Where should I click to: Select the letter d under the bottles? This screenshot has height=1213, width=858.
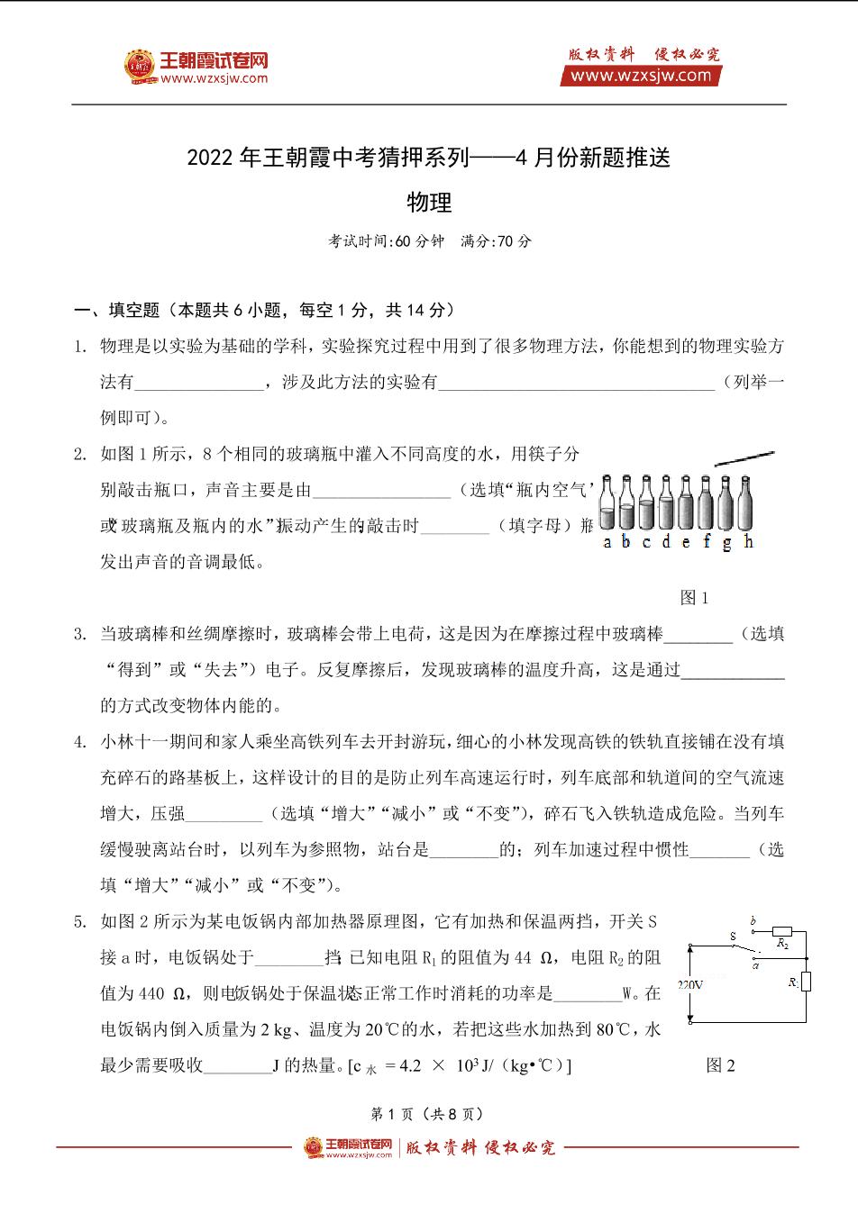click(667, 541)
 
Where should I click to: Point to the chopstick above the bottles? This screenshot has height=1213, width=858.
click(744, 457)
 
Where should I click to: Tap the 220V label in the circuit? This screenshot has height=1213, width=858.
click(690, 984)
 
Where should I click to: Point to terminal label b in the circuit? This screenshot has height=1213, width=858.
click(753, 919)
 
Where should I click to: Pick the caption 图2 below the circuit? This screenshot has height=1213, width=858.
click(720, 1065)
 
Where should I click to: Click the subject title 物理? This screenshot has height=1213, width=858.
click(429, 203)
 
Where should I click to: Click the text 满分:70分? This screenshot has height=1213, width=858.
click(496, 241)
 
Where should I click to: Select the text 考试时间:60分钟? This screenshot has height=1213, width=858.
click(387, 241)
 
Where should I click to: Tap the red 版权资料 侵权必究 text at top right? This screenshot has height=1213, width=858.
click(643, 55)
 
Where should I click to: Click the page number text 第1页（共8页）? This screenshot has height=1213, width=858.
click(428, 1114)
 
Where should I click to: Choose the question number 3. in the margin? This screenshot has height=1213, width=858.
click(80, 634)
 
